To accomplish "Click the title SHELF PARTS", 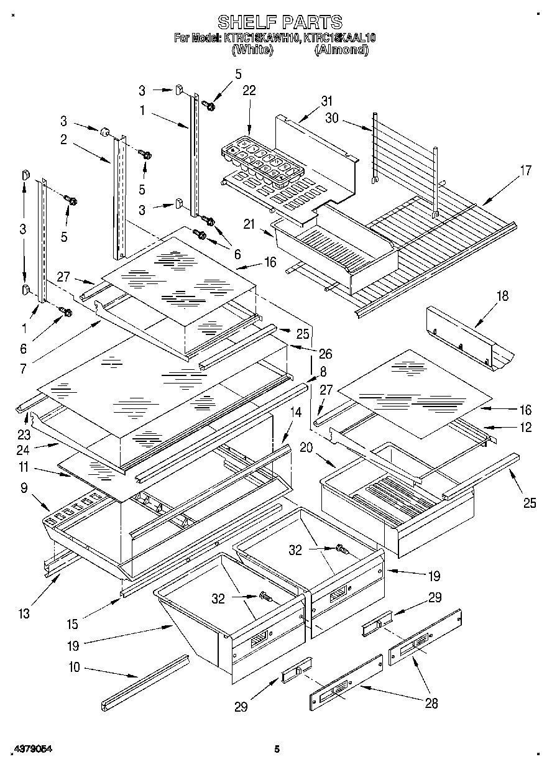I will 279,22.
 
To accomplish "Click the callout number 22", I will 249,91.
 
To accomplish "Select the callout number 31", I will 327,101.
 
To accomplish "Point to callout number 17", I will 526,170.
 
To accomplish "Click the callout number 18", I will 502,296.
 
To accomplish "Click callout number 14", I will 295,411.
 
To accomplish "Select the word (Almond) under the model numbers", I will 341,50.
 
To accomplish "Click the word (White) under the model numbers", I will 252,50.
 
